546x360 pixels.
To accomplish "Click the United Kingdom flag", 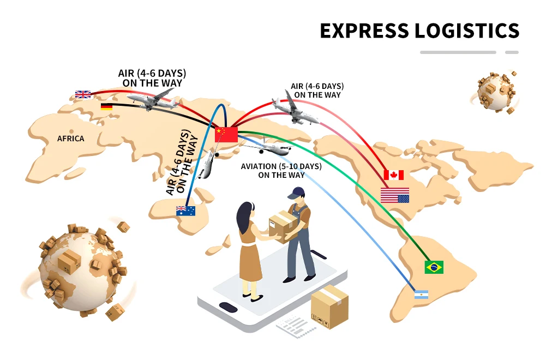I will pyautogui.click(x=83, y=94).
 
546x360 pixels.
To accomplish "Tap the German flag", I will pyautogui.click(x=106, y=106).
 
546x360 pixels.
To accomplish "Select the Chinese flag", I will pyautogui.click(x=226, y=134).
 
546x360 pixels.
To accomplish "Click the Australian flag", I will pyautogui.click(x=185, y=211).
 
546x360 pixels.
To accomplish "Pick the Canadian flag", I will pyautogui.click(x=393, y=175).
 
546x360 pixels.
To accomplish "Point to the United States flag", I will pyautogui.click(x=394, y=195).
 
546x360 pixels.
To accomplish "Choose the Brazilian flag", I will pyautogui.click(x=434, y=267).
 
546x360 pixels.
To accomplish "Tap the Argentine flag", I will pyautogui.click(x=421, y=295).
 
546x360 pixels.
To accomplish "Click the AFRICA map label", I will pyautogui.click(x=71, y=139).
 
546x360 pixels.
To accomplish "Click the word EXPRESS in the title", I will pyautogui.click(x=364, y=31).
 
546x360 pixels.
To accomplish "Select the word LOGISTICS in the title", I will pyautogui.click(x=467, y=31).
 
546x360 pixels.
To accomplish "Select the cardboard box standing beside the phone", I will pyautogui.click(x=329, y=307).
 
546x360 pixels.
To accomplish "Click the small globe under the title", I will pyautogui.click(x=495, y=92).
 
